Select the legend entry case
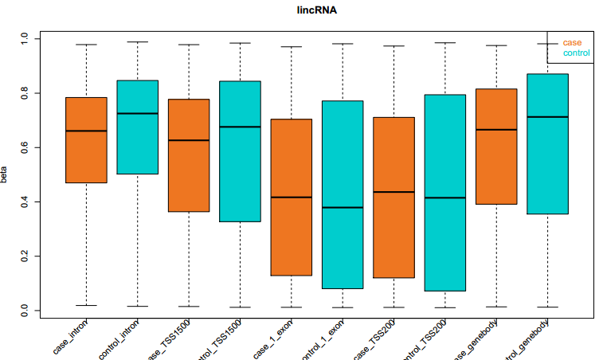pyautogui.click(x=571, y=42)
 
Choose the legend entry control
pyautogui.click(x=576, y=53)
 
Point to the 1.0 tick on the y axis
pyautogui.click(x=25, y=38)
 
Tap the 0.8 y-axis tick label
pyautogui.click(x=25, y=93)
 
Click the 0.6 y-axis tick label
pyautogui.click(x=25, y=147)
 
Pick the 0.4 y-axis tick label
pyautogui.click(x=25, y=202)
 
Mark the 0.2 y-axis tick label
pyautogui.click(x=25, y=256)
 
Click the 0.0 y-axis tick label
pyautogui.click(x=25, y=310)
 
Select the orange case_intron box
pyautogui.click(x=86, y=139)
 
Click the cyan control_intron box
pyautogui.click(x=137, y=127)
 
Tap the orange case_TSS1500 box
pyautogui.click(x=188, y=155)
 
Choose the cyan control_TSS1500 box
pyautogui.click(x=240, y=151)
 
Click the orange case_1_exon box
pyautogui.click(x=291, y=197)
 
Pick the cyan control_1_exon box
pyautogui.click(x=342, y=194)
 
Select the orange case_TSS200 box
pyautogui.click(x=393, y=198)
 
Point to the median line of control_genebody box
pyautogui.click(x=547, y=117)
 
